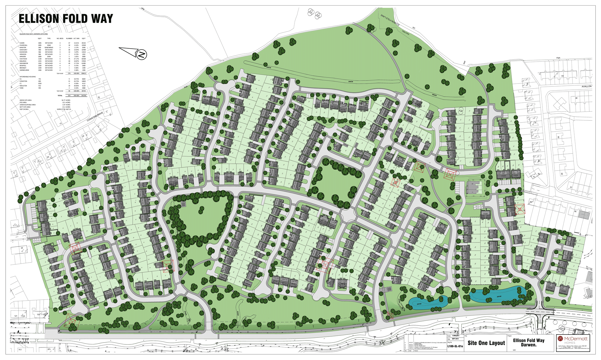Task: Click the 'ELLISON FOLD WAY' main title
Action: pos(66,19)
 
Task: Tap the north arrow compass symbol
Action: pos(141,55)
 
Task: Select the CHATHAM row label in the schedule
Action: pos(23,59)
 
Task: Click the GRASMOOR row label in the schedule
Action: pos(23,63)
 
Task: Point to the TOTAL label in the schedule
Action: pos(60,95)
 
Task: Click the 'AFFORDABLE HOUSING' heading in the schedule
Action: pos(28,77)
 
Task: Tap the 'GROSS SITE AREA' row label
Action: pos(26,100)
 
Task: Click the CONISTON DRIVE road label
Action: pos(95,116)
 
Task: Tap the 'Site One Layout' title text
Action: pos(486,343)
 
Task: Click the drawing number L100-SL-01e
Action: pos(455,346)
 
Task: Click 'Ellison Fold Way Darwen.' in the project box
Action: pos(529,343)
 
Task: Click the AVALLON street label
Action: pos(586,86)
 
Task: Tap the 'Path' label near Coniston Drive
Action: pos(186,87)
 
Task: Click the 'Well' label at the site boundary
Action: pos(464,62)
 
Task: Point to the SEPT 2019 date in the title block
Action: pos(455,339)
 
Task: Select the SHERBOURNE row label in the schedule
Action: pos(24,70)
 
